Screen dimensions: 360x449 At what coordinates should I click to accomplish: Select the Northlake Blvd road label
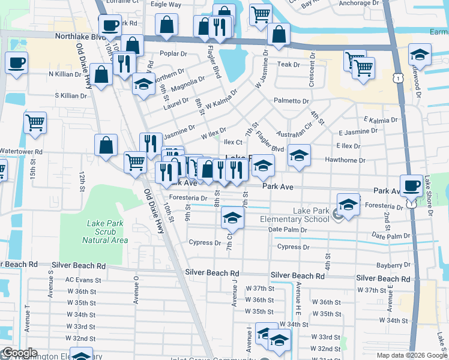80,37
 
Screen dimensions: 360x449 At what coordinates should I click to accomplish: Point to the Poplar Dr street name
174,53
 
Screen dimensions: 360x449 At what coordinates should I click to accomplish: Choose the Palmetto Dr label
291,101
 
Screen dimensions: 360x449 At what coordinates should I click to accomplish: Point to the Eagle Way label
166,4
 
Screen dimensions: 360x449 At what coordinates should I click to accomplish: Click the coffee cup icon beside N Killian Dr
17,62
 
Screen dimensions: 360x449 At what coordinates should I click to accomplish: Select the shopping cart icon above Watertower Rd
35,122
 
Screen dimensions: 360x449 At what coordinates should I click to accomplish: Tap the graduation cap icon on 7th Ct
232,218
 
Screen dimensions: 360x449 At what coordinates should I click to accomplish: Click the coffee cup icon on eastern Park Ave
412,186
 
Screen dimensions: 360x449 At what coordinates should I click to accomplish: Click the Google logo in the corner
20,353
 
